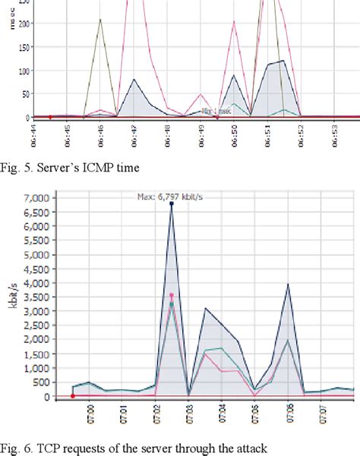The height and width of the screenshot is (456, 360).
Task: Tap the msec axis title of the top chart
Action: tap(11, 19)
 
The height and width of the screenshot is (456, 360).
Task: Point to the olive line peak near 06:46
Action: tap(100, 20)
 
